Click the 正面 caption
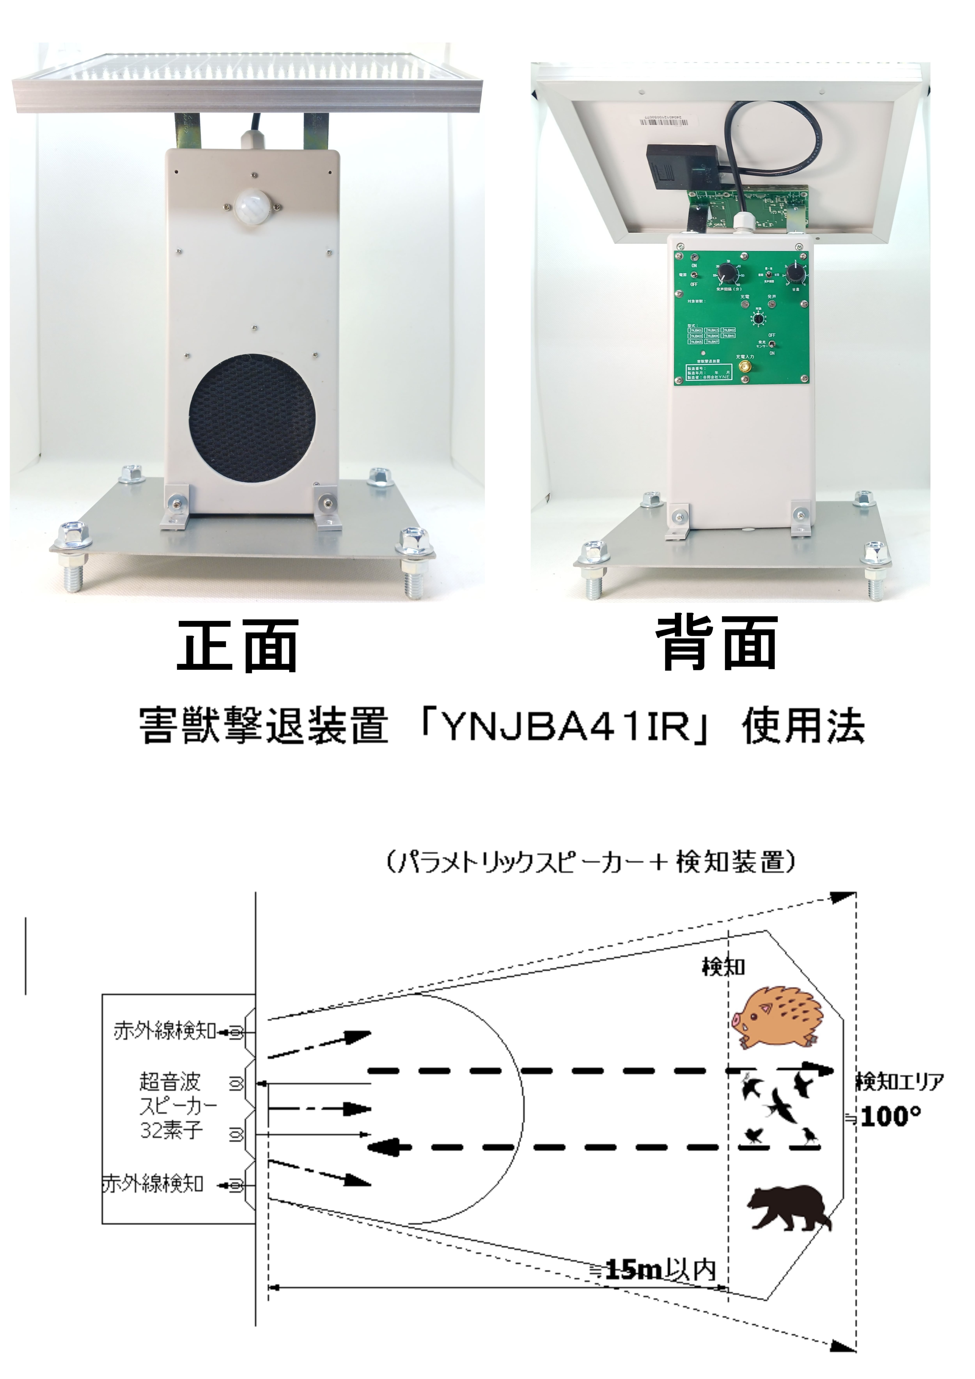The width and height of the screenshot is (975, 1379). point(238,646)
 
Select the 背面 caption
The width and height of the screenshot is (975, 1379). point(718,644)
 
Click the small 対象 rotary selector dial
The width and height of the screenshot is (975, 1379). point(759,319)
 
